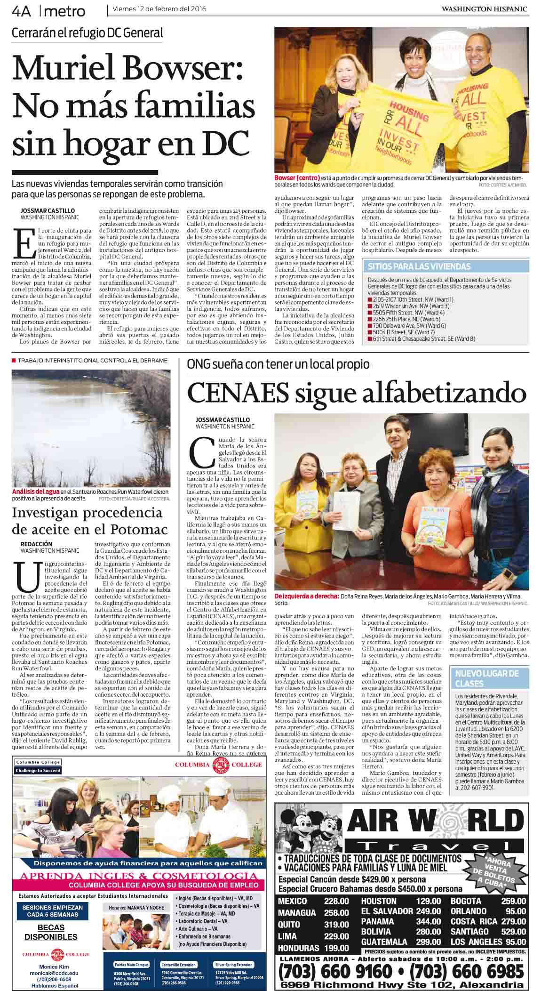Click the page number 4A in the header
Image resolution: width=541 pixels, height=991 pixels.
[x=21, y=10]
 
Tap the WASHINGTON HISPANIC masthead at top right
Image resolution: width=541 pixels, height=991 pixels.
[x=485, y=9]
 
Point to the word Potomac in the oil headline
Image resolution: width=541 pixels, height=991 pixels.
[x=139, y=529]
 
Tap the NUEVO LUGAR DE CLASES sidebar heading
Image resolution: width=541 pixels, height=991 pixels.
[x=486, y=678]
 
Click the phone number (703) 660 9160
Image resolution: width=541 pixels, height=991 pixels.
[x=335, y=971]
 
